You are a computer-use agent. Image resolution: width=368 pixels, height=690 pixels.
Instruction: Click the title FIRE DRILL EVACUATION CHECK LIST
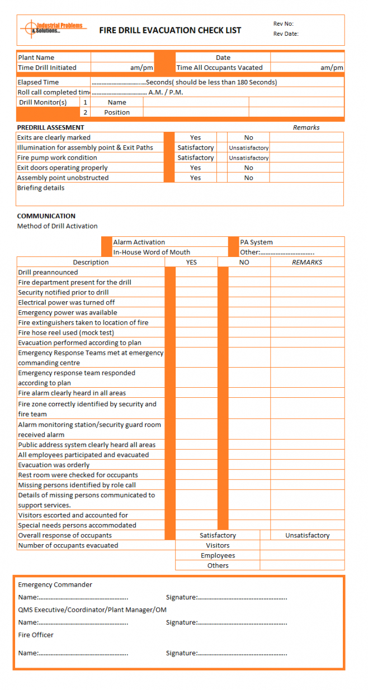[x=170, y=31]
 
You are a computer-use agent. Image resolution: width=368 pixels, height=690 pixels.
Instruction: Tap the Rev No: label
[x=283, y=24]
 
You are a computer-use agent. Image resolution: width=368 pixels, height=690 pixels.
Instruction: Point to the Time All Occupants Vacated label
[x=219, y=68]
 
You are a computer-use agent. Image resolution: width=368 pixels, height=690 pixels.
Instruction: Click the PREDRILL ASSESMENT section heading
[x=50, y=127]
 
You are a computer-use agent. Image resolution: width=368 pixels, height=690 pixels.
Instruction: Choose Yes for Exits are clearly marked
[x=195, y=137]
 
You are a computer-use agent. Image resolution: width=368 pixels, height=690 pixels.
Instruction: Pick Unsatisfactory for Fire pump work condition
[x=248, y=158]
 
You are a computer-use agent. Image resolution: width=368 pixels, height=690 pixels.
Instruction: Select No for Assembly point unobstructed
[x=248, y=178]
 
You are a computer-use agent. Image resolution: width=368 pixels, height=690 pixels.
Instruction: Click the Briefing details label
[x=40, y=188]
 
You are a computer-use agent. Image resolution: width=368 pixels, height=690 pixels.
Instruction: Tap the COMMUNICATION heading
[x=46, y=216]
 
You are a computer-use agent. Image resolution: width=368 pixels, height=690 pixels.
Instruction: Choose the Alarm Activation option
[x=139, y=242]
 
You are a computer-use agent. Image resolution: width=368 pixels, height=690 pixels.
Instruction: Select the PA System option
[x=256, y=242]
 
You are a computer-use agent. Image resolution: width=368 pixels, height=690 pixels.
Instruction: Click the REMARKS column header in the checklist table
[x=307, y=262]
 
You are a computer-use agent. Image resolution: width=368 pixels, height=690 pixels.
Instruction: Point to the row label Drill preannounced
[x=48, y=272]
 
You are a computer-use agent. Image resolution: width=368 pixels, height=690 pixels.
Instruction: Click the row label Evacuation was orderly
[x=54, y=465]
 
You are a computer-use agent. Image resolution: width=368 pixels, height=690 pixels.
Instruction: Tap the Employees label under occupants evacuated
[x=218, y=555]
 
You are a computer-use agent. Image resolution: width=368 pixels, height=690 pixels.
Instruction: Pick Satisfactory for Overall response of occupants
[x=218, y=535]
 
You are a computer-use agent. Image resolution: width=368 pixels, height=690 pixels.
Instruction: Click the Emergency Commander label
[x=55, y=584]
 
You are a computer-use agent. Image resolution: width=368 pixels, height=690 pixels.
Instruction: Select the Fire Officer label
[x=36, y=635]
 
